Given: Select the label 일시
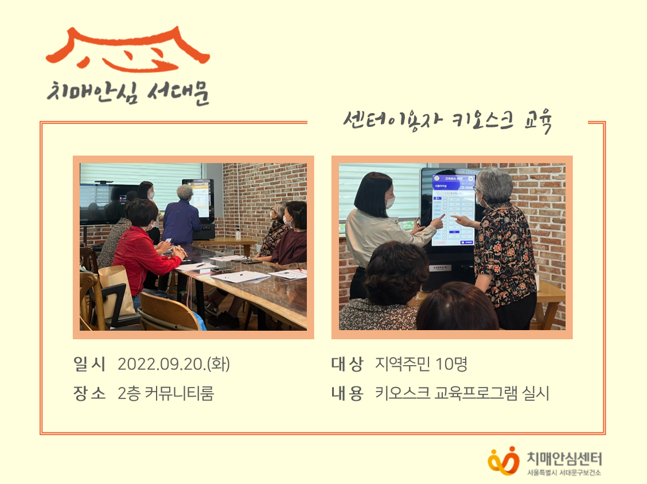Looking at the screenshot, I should point(90,364).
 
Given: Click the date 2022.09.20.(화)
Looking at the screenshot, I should point(173,364).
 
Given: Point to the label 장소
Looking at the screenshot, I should point(90,394).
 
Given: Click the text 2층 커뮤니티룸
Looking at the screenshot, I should point(165,394).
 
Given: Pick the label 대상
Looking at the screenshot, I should point(347,364).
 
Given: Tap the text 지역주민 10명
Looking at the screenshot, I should point(422,364).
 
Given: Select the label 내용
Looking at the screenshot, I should point(347,394).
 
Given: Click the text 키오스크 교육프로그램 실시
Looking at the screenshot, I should point(462,394).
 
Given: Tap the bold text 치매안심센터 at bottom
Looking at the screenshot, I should point(564,458).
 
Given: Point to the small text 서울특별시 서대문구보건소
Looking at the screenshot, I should point(564,473).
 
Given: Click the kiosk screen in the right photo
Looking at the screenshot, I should point(453,207).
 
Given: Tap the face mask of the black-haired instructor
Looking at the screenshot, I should point(389,202).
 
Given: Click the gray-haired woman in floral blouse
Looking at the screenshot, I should point(502,241).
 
